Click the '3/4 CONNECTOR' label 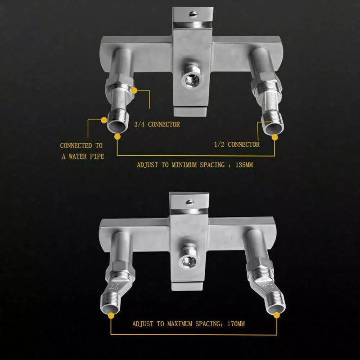click(x=157, y=124)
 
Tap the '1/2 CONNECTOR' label click(x=237, y=144)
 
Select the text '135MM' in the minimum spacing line click(x=243, y=165)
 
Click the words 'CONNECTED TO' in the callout click(x=81, y=146)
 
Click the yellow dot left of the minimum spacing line click(x=117, y=136)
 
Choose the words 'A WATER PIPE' click(x=81, y=157)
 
